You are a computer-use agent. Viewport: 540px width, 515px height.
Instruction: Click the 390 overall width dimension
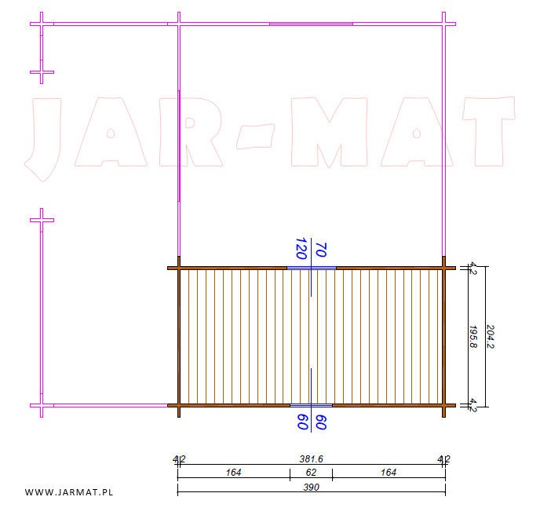311,487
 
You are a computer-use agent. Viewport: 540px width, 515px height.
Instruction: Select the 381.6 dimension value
311,458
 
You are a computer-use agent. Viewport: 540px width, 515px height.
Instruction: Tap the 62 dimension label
311,473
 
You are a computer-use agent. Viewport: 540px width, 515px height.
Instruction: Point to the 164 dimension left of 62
233,473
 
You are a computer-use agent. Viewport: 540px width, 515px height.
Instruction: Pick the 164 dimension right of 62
389,473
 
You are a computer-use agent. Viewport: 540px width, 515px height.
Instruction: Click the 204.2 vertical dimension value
490,337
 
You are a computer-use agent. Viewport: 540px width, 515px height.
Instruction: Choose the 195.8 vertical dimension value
473,337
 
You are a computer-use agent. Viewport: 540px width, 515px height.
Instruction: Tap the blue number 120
301,248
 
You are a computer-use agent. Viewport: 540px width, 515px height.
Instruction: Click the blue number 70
320,250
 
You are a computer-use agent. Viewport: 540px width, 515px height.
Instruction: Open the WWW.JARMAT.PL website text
69,492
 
